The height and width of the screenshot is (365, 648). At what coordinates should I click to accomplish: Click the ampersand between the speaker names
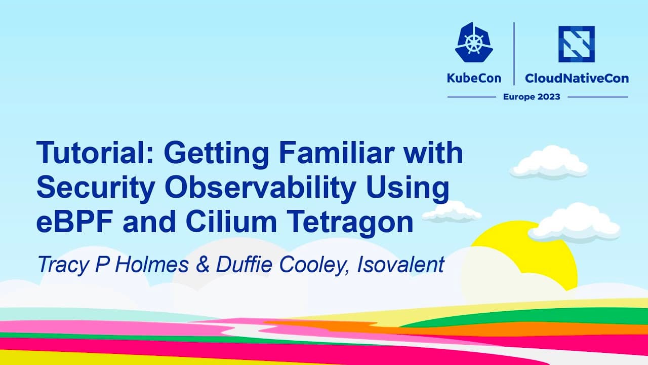[x=202, y=265]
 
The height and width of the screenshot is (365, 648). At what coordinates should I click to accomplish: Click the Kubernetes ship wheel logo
[x=473, y=44]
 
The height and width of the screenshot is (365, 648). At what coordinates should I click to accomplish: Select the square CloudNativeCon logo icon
[x=576, y=44]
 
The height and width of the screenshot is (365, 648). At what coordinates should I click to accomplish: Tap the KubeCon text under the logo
[x=473, y=78]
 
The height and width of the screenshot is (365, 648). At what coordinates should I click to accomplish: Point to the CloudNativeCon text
[x=577, y=78]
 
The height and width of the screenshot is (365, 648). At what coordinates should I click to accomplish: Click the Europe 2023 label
[x=531, y=97]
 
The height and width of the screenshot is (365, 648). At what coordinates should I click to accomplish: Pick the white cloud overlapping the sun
[x=575, y=223]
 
